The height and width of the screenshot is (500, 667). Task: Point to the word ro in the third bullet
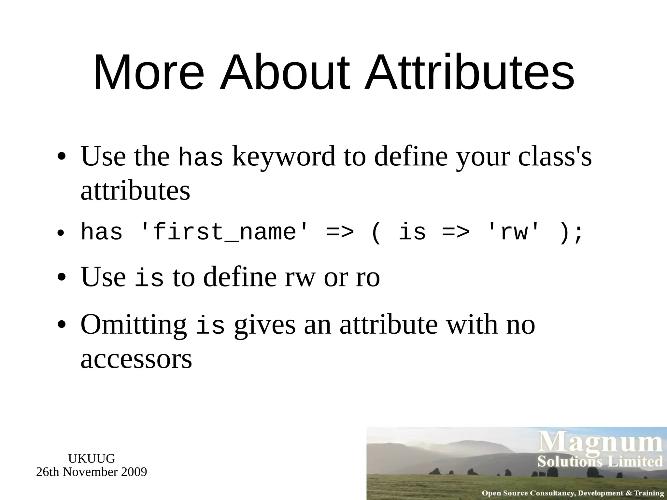[368, 277]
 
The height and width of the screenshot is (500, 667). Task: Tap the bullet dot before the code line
[61, 233]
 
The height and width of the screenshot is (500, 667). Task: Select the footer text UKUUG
[92, 459]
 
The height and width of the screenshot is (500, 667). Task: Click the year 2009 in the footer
[134, 472]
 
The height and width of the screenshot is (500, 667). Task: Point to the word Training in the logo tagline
[648, 493]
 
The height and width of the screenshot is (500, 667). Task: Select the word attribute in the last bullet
[389, 325]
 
